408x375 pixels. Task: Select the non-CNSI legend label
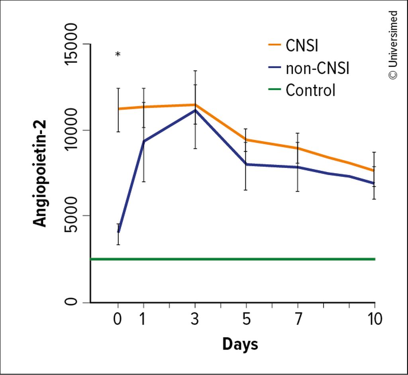coord(317,68)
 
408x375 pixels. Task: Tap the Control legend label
coord(310,90)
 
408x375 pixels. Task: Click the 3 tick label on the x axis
coord(195,319)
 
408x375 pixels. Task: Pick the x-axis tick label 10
coord(374,319)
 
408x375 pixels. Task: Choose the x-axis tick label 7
coord(298,319)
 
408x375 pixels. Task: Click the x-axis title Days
coord(240,344)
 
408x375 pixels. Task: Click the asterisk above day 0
coord(118,55)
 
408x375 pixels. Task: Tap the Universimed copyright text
coord(393,45)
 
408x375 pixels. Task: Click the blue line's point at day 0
coord(118,232)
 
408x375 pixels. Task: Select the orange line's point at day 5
coord(246,139)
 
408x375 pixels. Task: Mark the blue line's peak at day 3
coord(195,110)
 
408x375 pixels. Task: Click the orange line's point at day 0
coord(118,109)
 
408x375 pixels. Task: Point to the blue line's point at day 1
coord(143,141)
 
